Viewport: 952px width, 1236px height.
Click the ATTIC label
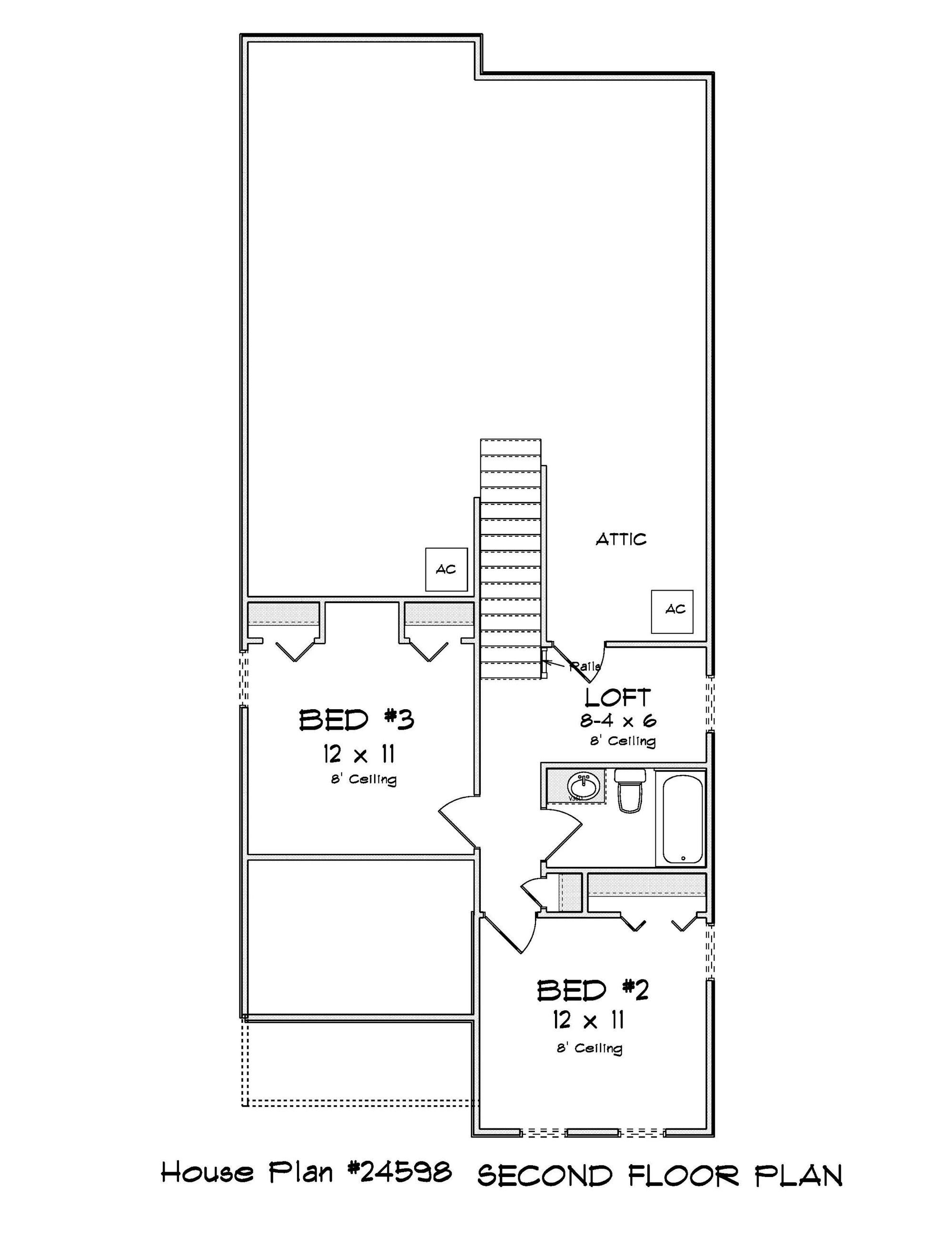620,539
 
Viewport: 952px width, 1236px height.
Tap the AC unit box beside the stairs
446,569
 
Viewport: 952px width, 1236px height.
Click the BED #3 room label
357,720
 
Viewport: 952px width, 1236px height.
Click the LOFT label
617,698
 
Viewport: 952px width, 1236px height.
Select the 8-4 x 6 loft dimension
617,721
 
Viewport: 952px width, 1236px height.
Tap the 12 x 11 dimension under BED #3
359,754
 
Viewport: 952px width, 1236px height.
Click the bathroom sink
584,786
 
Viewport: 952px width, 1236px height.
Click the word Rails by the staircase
585,667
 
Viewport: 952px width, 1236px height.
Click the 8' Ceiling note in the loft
623,741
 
